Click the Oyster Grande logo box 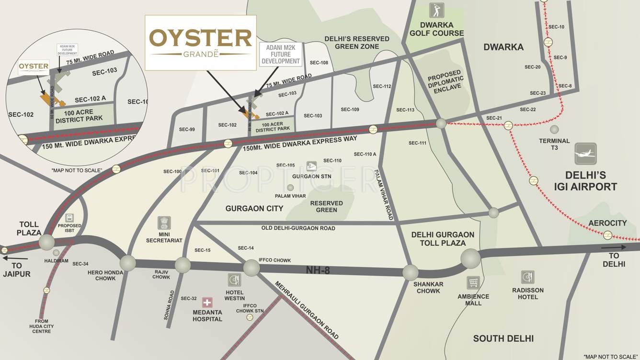tap(200, 43)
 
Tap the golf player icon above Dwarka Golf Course tap(436, 10)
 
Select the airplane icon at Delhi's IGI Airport tap(586, 154)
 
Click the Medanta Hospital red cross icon tap(207, 302)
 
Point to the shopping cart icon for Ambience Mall tap(473, 282)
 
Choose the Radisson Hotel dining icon tap(528, 277)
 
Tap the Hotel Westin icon tap(234, 280)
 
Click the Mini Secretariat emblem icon tap(164, 223)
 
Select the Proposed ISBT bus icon tap(69, 218)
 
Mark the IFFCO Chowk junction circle tap(251, 268)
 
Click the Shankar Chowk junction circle tap(411, 272)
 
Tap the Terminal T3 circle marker tap(554, 129)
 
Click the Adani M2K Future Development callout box tap(281, 54)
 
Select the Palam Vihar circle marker tap(290, 188)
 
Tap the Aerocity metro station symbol tap(607, 235)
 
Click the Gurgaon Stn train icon tap(311, 166)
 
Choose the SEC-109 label tap(350, 110)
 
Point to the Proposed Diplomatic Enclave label tap(446, 82)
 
